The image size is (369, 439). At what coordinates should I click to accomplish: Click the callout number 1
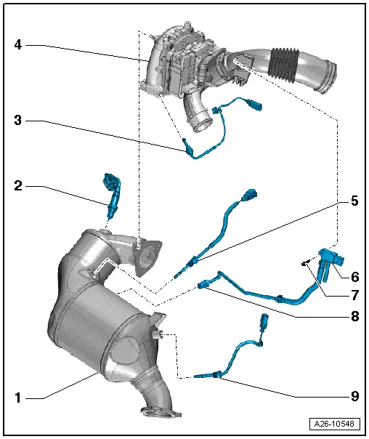pyautogui.click(x=18, y=397)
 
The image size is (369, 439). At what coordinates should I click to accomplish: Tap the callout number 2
pyautogui.click(x=18, y=187)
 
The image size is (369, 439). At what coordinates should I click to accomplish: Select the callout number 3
pyautogui.click(x=18, y=120)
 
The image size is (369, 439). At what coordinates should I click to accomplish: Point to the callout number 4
pyautogui.click(x=18, y=45)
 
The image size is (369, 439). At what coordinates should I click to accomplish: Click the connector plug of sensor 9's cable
pyautogui.click(x=263, y=322)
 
